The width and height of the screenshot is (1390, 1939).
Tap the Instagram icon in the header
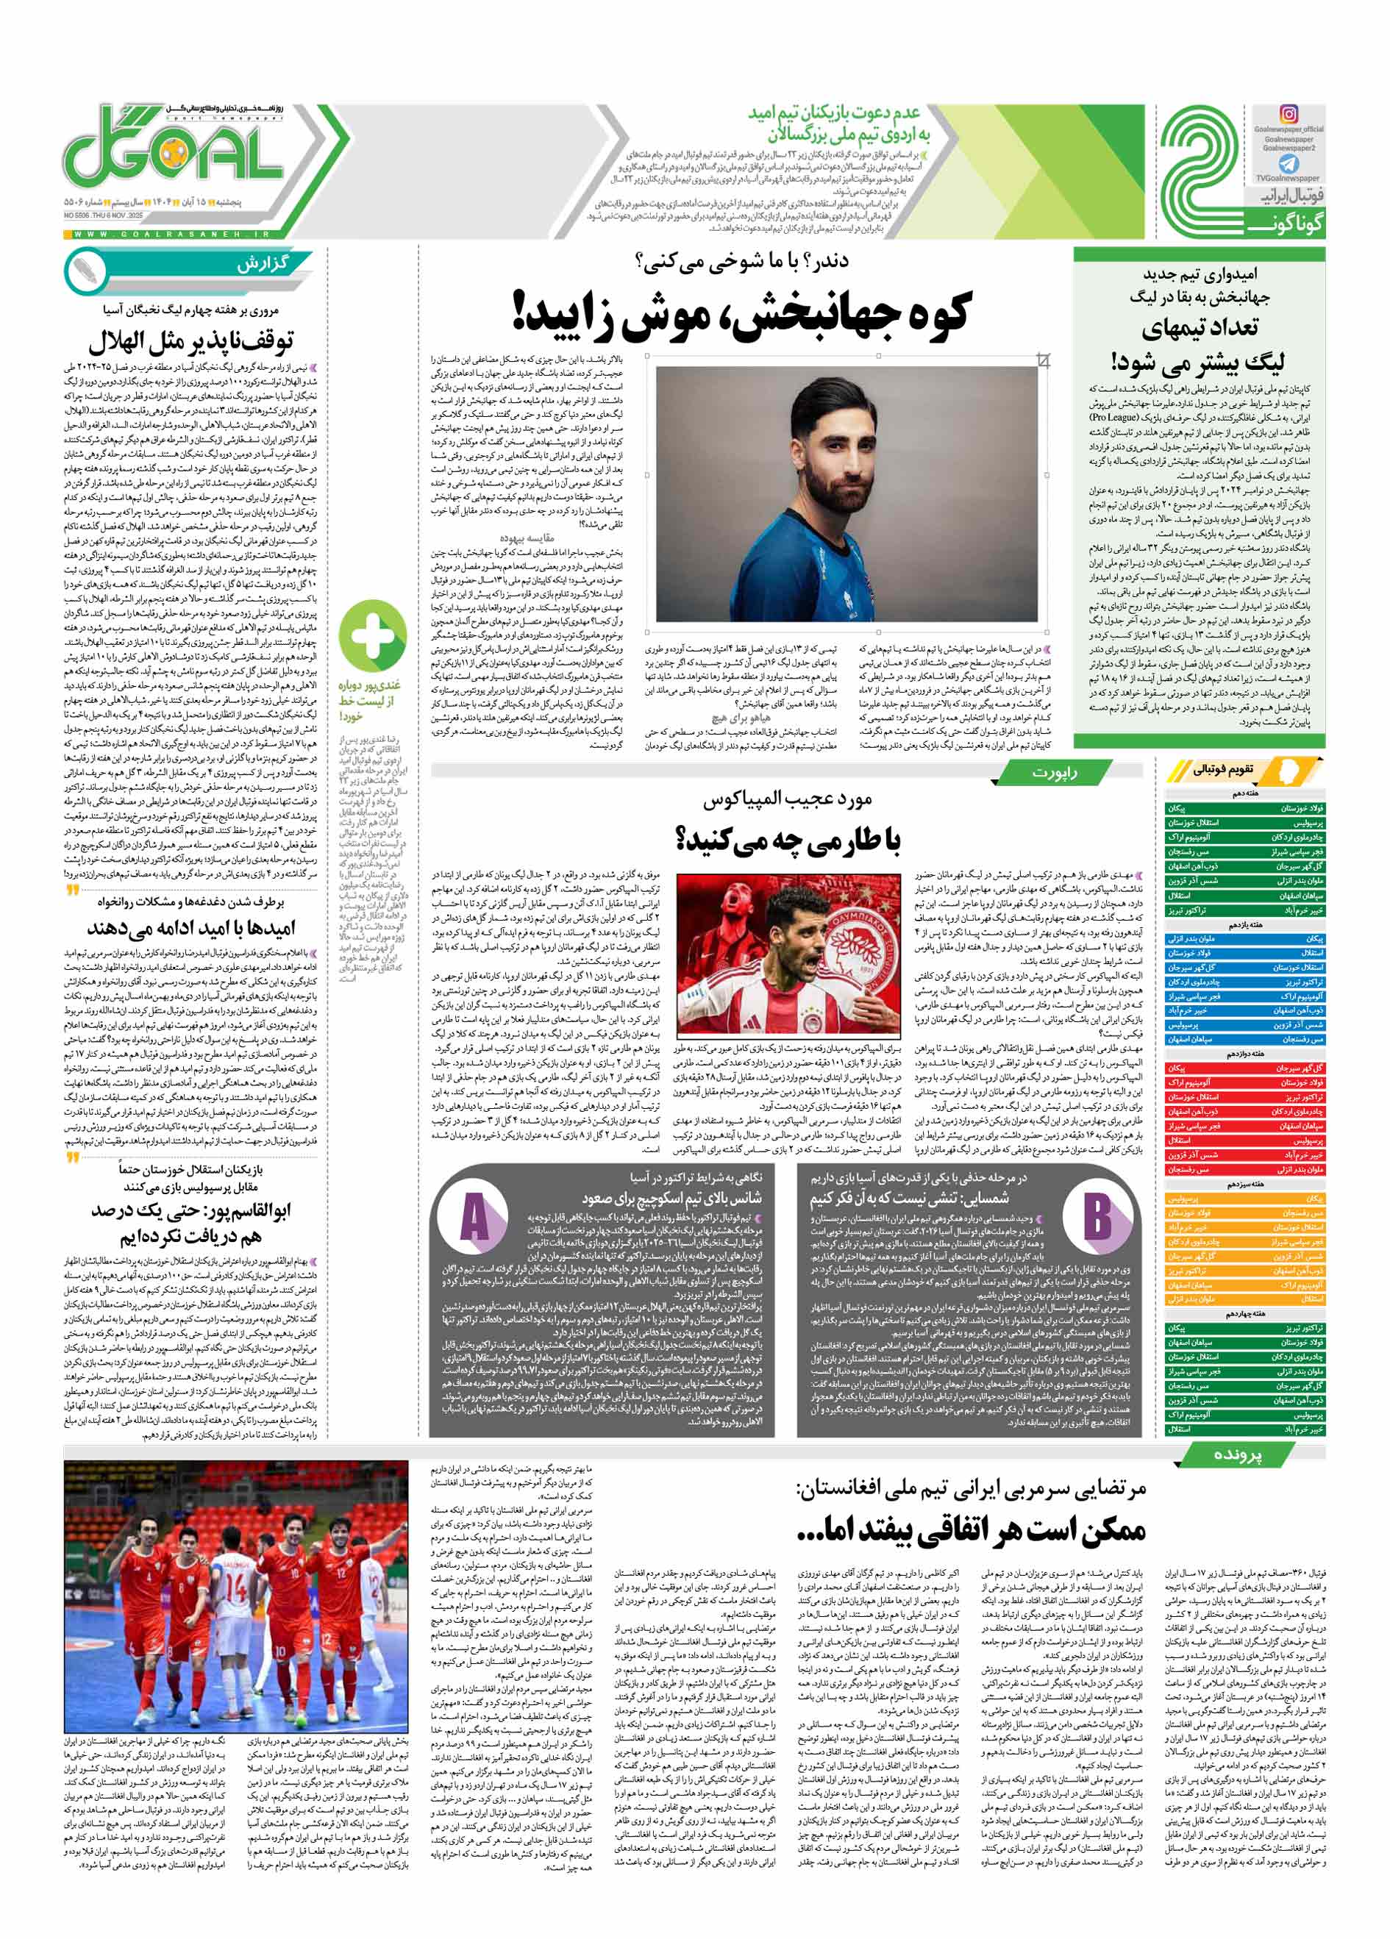click(x=1289, y=114)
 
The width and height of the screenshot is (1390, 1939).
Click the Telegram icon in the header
click(x=1289, y=163)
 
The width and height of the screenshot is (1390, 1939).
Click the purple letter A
click(x=474, y=1218)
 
